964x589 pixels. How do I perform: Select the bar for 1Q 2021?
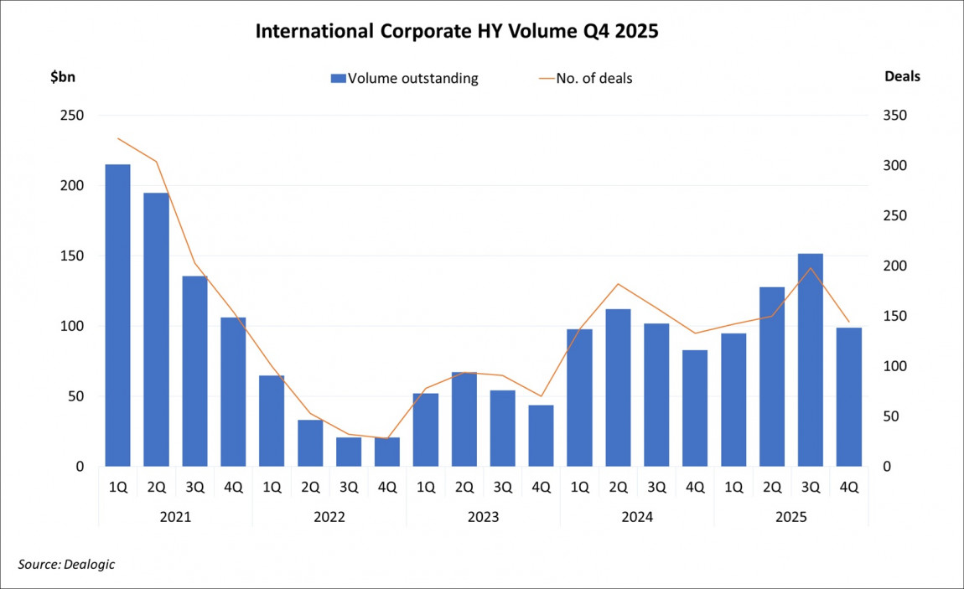click(x=117, y=315)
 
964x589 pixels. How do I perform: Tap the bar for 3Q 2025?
click(x=811, y=359)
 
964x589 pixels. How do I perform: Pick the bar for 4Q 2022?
click(x=387, y=452)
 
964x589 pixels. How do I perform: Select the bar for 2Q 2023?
click(x=464, y=419)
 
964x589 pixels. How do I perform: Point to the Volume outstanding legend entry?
click(x=404, y=79)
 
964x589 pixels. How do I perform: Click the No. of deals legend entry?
click(x=584, y=79)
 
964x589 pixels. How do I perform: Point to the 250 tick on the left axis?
click(x=71, y=116)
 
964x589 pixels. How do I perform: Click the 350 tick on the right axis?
click(x=895, y=116)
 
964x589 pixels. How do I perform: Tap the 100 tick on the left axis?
click(x=71, y=326)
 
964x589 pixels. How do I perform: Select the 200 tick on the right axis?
click(x=895, y=266)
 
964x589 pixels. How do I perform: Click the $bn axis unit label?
click(x=64, y=76)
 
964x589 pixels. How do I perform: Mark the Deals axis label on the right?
click(x=902, y=76)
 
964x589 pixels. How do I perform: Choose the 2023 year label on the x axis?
click(x=484, y=517)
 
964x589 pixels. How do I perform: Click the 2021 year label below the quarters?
click(x=175, y=517)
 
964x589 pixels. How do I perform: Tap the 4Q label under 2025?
click(x=849, y=487)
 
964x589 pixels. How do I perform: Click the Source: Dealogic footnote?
click(x=66, y=565)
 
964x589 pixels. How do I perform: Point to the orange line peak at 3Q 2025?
click(x=811, y=268)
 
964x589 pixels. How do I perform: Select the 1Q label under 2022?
click(x=272, y=487)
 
